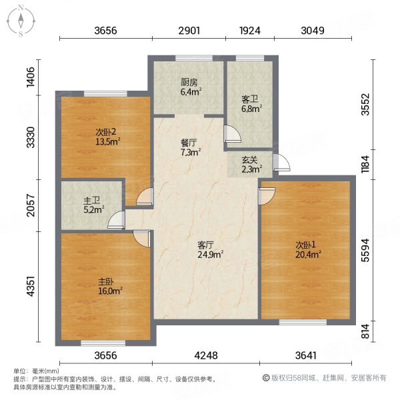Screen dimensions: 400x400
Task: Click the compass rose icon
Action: [x=21, y=21]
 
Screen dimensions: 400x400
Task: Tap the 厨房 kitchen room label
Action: [x=189, y=82]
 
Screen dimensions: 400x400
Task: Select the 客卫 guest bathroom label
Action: [x=249, y=99]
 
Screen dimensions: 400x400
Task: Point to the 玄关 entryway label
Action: [x=249, y=160]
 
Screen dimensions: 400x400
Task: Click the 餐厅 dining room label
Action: [x=189, y=143]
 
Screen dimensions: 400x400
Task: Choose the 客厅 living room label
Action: [x=205, y=245]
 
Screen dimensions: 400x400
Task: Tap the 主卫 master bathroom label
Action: [x=91, y=201]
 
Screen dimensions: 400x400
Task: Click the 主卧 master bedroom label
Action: [x=106, y=281]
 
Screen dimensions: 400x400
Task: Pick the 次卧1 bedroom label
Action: [x=305, y=245]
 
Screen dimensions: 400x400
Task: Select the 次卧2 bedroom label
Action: [x=106, y=131]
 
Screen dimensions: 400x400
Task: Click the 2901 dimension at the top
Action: [x=189, y=31]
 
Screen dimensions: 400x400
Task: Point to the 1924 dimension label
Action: [x=250, y=31]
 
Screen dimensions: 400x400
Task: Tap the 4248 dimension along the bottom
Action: [x=206, y=355]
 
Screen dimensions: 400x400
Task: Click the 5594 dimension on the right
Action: [x=365, y=250]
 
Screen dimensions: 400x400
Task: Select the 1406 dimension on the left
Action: [x=31, y=77]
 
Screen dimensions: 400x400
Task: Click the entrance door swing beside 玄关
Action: [x=281, y=162]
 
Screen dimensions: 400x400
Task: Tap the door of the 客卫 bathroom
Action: [x=233, y=133]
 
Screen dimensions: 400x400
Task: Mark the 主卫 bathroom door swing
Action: [x=116, y=219]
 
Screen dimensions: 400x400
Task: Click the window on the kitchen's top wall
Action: [x=194, y=58]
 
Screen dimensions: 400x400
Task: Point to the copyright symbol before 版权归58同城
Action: [x=266, y=378]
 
